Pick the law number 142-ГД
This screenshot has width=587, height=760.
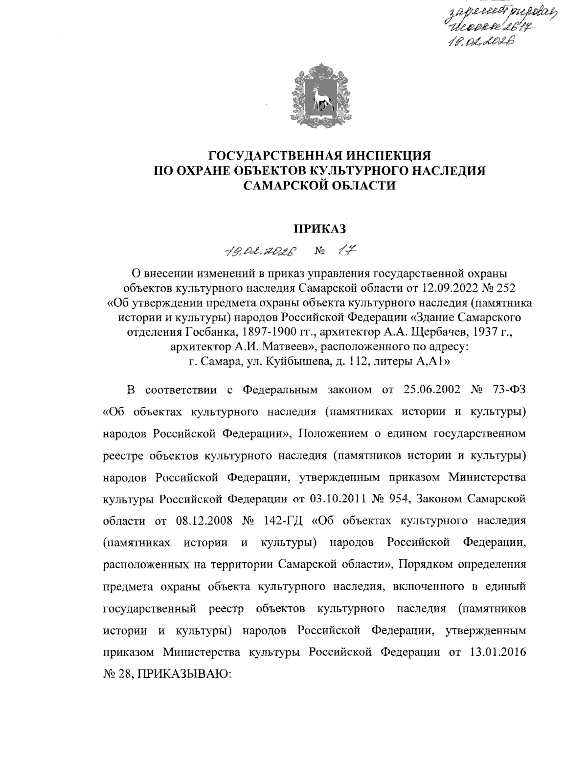[284, 520]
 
